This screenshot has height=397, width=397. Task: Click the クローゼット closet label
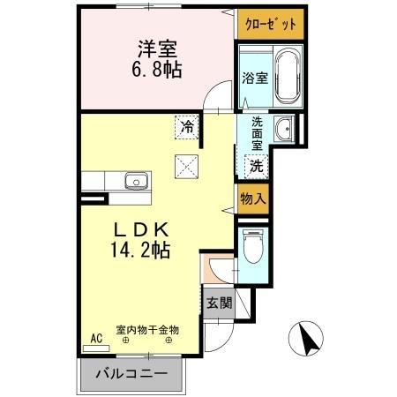pyautogui.click(x=270, y=25)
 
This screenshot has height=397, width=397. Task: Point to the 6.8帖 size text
pyautogui.click(x=160, y=70)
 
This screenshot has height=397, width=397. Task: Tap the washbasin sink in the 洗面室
pyautogui.click(x=284, y=130)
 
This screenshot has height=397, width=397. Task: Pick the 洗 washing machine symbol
pyautogui.click(x=256, y=164)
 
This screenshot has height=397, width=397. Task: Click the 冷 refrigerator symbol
pyautogui.click(x=187, y=127)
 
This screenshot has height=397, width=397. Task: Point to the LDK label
pyautogui.click(x=139, y=228)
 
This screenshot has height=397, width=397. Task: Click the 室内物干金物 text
pyautogui.click(x=147, y=329)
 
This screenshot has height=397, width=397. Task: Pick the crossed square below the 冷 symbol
pyautogui.click(x=187, y=164)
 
